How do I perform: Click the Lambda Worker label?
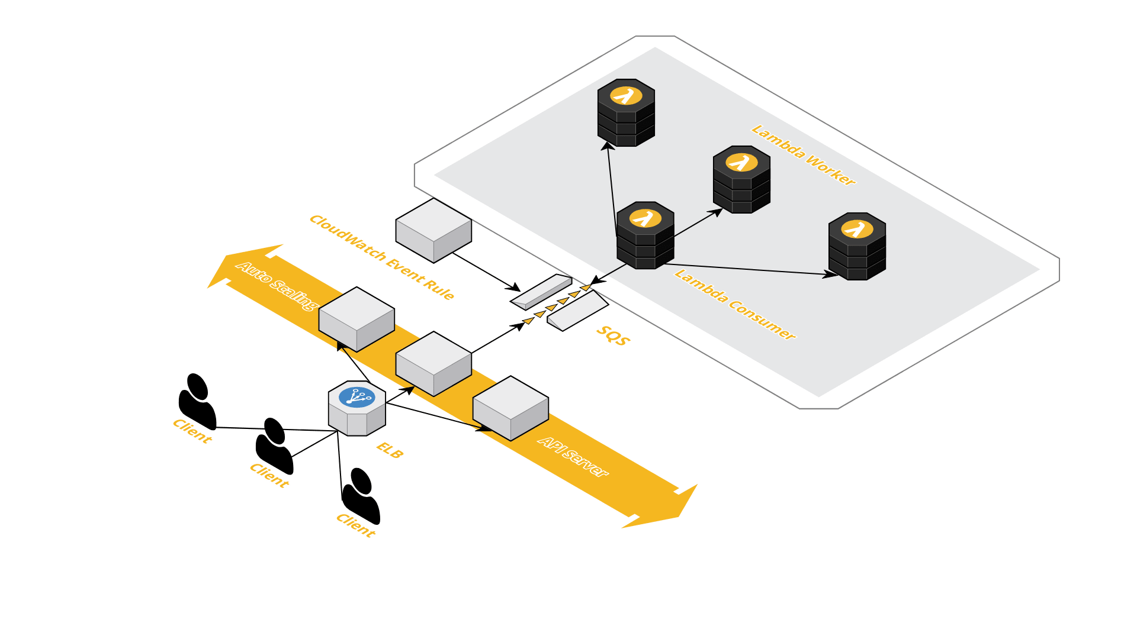tap(803, 155)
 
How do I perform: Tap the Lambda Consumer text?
tap(734, 305)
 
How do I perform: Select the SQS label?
tap(614, 335)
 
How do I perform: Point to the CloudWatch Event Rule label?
tap(382, 257)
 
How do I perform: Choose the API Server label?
tap(573, 457)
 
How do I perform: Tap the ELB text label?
tap(390, 450)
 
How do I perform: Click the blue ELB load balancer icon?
tap(357, 397)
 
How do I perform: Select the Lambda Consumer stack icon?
tap(645, 235)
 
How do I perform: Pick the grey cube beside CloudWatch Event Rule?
tap(433, 230)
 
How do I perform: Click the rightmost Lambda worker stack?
tap(857, 246)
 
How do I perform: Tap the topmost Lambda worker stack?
tap(626, 112)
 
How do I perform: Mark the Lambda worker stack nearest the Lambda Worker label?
tap(741, 179)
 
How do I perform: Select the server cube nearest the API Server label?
tap(510, 408)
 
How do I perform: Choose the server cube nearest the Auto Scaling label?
tap(356, 319)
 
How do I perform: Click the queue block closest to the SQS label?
tap(577, 311)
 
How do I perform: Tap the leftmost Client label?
tap(192, 431)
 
